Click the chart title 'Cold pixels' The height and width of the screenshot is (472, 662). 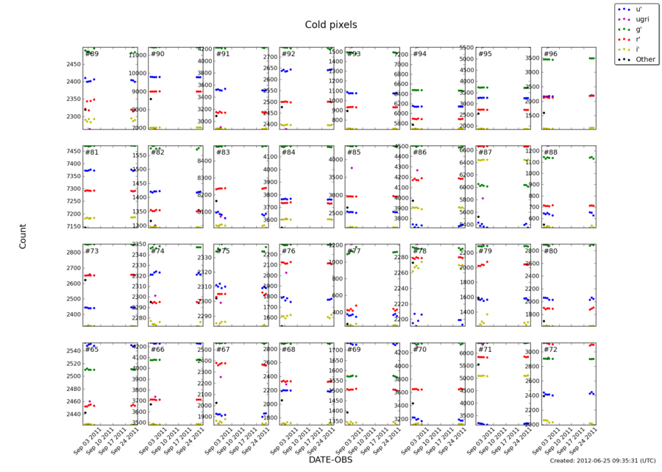331,25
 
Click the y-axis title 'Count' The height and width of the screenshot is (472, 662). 23,236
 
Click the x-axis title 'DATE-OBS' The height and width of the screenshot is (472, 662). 330,459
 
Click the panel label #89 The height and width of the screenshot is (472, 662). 92,54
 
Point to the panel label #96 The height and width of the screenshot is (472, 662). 551,54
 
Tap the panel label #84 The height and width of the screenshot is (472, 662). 288,152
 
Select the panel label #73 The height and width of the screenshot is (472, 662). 92,251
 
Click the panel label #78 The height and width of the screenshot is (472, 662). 420,251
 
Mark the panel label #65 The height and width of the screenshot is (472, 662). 92,349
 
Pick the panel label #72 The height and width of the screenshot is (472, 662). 551,349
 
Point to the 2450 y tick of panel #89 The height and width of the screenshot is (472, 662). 73,65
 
